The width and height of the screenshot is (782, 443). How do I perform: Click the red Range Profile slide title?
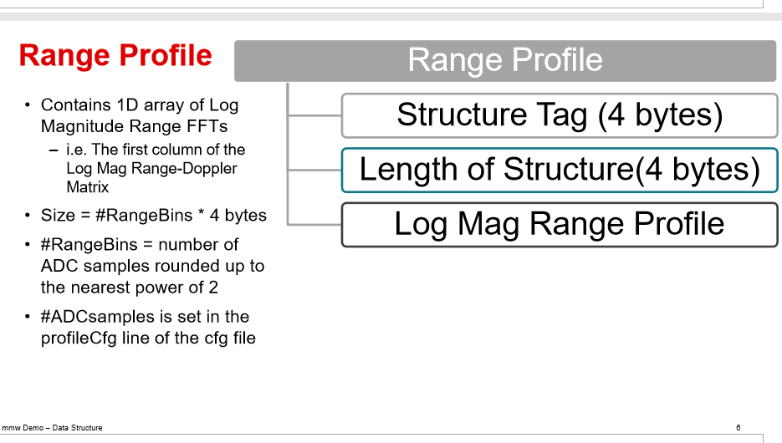tap(115, 55)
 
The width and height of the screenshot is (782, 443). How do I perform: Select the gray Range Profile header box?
tap(505, 61)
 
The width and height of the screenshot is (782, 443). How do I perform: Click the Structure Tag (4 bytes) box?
tap(560, 115)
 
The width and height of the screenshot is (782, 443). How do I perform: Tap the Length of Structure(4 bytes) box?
tap(560, 170)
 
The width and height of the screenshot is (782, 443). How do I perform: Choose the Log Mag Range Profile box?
tap(560, 224)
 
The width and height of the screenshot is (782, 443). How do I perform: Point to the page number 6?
tap(739, 428)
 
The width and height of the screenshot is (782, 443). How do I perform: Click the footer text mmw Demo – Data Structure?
tap(53, 428)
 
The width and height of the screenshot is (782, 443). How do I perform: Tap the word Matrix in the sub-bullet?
tap(87, 187)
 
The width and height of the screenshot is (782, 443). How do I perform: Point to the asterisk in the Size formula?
tap(201, 213)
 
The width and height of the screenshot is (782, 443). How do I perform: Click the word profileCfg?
tap(79, 339)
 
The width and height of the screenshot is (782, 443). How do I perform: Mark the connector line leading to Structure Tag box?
tap(314, 115)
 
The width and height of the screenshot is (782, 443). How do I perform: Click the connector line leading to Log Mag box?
tap(314, 224)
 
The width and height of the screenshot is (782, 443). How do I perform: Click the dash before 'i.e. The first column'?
tap(54, 150)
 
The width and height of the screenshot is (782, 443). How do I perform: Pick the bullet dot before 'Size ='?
tap(28, 216)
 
